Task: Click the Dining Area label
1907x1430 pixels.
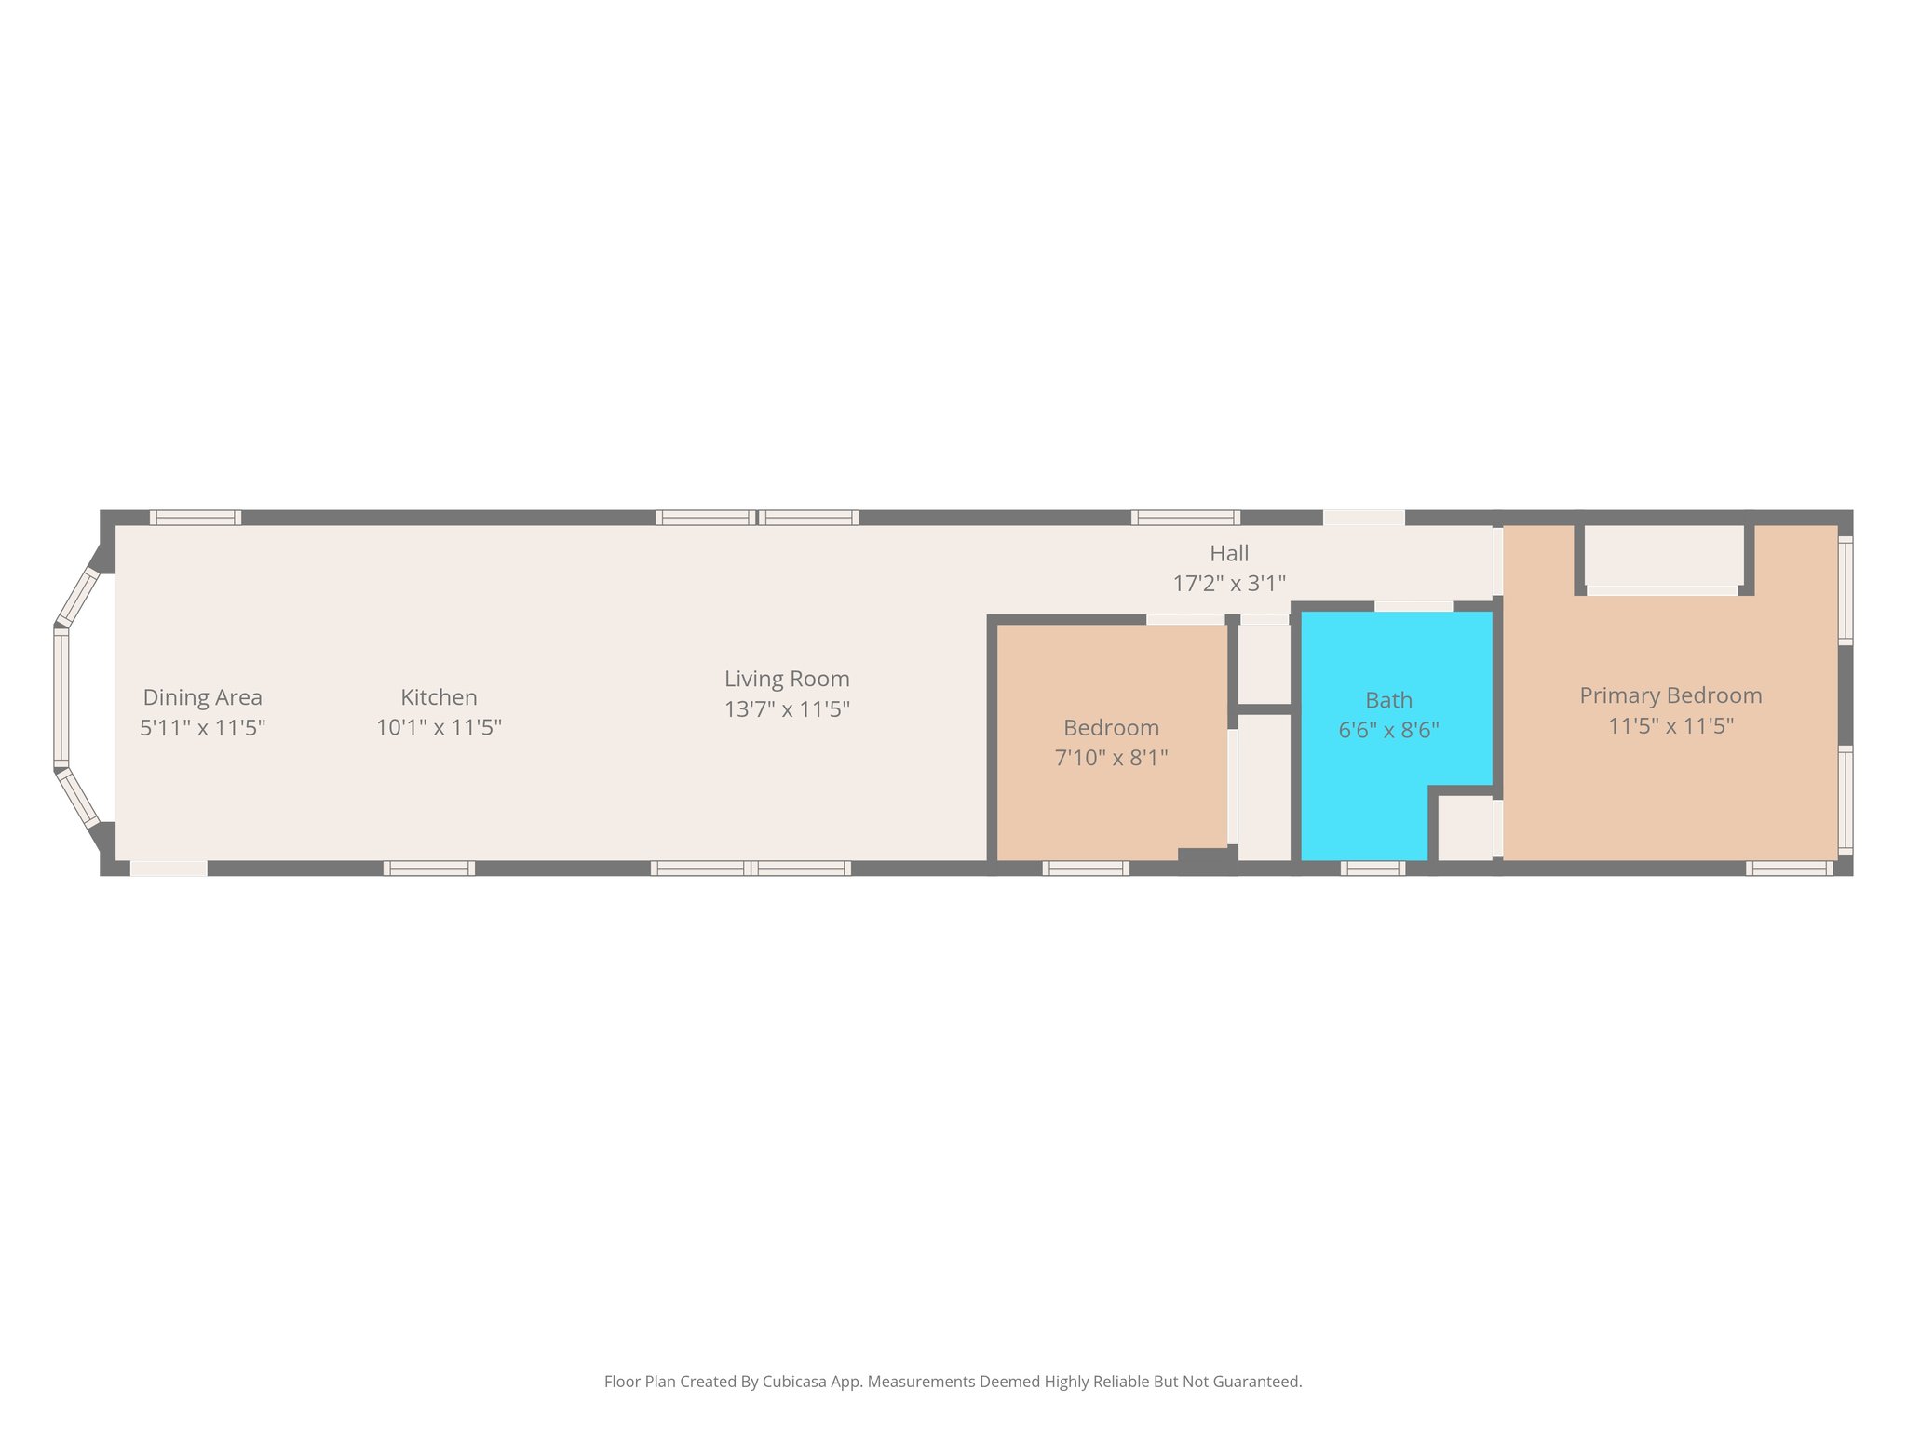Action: click(202, 697)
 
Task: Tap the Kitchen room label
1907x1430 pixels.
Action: click(439, 697)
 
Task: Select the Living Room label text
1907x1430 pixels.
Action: click(787, 679)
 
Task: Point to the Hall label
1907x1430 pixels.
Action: click(1228, 554)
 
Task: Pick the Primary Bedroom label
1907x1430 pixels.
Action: click(1670, 695)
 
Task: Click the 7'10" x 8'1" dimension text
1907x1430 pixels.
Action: click(1111, 758)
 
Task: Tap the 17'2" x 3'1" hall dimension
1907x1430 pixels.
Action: click(1228, 584)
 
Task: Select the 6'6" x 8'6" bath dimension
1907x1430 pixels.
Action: click(1388, 731)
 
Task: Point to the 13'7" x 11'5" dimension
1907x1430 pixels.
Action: click(787, 709)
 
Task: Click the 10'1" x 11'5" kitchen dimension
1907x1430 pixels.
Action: click(439, 727)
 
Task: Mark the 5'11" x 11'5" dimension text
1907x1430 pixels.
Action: click(202, 727)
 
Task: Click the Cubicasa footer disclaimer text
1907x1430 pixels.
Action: click(953, 1382)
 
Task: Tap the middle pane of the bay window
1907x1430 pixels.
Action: click(61, 698)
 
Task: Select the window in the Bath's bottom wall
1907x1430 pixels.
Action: click(1373, 869)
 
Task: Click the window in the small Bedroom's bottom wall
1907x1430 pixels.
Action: click(1085, 869)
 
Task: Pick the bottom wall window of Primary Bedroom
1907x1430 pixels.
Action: click(1789, 869)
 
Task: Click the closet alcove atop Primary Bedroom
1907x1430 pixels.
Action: click(1663, 556)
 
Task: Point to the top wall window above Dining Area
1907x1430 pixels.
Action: click(196, 518)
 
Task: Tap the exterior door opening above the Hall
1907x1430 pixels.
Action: click(1363, 518)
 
